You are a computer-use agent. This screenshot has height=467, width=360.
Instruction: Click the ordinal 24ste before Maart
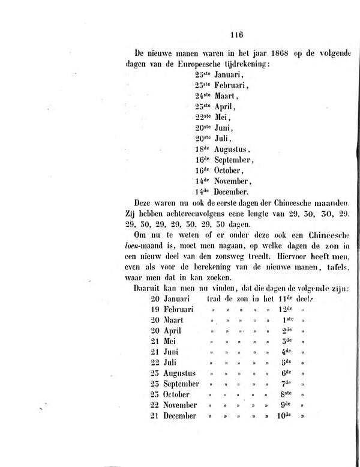click(x=203, y=95)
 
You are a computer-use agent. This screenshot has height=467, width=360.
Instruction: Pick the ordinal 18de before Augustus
click(x=203, y=149)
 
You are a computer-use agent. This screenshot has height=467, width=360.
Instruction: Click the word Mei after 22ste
click(x=222, y=116)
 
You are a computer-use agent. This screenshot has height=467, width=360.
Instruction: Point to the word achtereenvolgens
click(x=206, y=214)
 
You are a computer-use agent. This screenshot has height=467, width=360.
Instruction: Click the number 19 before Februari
click(x=156, y=310)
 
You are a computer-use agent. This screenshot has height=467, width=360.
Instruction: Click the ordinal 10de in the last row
click(x=286, y=415)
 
